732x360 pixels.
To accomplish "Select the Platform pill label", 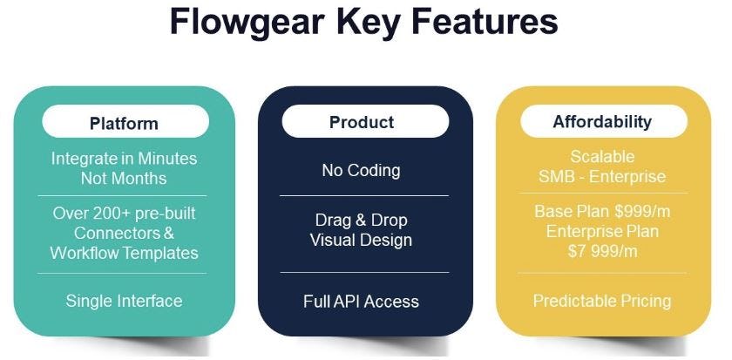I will pos(124,123).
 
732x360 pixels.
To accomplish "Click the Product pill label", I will pos(362,123).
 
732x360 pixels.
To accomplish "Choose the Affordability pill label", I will pos(602,122).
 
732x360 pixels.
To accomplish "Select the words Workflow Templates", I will pos(124,253).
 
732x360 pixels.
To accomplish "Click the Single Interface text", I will pos(124,302).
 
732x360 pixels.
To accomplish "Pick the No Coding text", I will pos(361,170).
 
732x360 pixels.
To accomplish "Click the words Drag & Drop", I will pos(361,220).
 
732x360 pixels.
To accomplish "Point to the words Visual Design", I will pos(361,240).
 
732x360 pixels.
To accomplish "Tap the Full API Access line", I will pos(361,302).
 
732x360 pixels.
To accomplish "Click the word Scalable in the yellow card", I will pos(602,157).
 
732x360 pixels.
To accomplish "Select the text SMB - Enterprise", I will pos(602,177).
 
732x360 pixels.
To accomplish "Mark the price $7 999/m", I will pos(602,252).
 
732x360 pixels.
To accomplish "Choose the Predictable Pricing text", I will pos(602,302).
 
